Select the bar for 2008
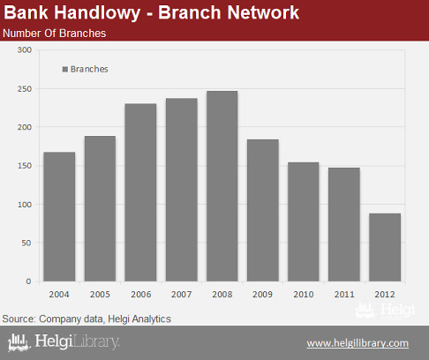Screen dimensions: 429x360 [222, 186]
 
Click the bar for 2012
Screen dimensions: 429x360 [385, 247]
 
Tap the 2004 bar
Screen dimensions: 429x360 [59, 217]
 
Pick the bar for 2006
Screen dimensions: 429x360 [140, 192]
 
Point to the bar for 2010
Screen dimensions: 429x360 [304, 221]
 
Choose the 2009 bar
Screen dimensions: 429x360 [263, 210]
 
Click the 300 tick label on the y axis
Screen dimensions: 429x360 [25, 50]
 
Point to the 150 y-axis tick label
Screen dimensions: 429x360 [25, 166]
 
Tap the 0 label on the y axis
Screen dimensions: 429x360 [28, 281]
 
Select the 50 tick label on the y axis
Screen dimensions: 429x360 [26, 243]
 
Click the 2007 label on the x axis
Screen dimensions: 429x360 [182, 294]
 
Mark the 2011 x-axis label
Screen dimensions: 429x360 [344, 294]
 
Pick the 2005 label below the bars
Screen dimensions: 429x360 [100, 294]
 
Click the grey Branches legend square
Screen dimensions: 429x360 [65, 70]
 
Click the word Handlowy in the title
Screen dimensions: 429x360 [97, 12]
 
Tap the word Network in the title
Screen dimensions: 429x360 [263, 12]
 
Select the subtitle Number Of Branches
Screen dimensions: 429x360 [55, 34]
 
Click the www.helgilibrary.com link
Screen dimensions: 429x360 [357, 343]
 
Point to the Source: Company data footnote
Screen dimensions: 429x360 [87, 319]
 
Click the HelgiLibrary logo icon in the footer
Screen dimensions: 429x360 [19, 342]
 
